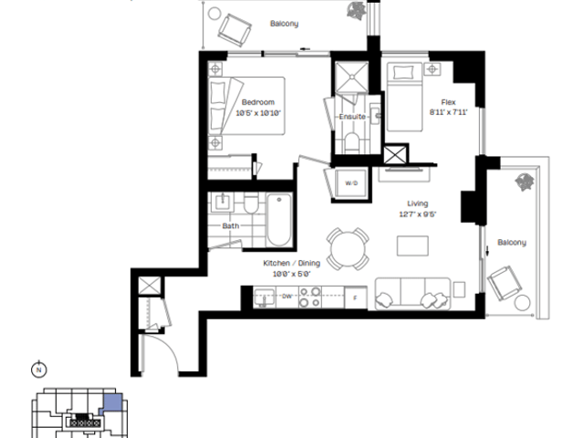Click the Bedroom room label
pos(257,102)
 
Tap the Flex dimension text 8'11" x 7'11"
pos(448,112)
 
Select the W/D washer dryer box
pos(351,183)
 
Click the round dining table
pos(348,248)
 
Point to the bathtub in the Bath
pos(279,220)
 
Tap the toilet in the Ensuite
pos(351,142)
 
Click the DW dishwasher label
pos(287,297)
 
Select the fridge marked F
pos(356,297)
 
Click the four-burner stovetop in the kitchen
pos(310,297)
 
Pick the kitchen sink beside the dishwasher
pos(264,297)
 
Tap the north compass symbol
pos(38,370)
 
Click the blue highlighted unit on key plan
pos(111,403)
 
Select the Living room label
pos(418,203)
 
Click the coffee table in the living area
pos(412,245)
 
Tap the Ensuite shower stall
pos(351,78)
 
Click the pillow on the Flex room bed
pos(403,72)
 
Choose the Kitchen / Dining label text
pos(292,263)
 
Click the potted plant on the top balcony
pos(357,10)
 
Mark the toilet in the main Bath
pos(251,203)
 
